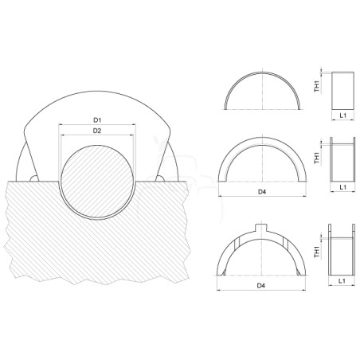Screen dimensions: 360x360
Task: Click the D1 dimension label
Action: [x=97, y=120]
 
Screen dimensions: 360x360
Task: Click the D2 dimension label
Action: [x=97, y=131]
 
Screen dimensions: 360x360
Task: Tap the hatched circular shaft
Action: [x=97, y=182]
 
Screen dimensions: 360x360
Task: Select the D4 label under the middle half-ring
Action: [x=262, y=191]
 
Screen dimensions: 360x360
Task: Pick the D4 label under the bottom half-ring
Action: [x=260, y=285]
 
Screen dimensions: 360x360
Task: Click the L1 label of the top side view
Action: [x=343, y=115]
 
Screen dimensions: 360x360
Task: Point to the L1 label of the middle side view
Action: [x=343, y=187]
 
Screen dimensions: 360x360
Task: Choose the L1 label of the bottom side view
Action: [x=342, y=280]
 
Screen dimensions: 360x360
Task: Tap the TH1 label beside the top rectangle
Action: [x=317, y=86]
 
